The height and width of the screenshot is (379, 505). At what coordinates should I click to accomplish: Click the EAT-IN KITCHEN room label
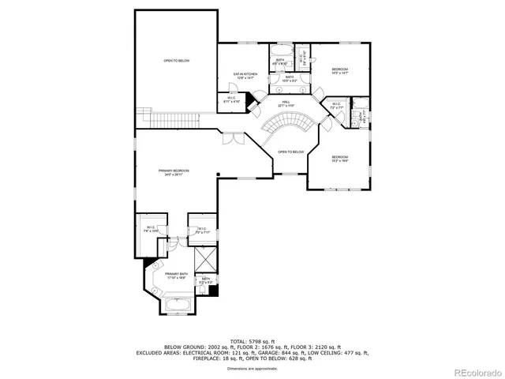pos(244,76)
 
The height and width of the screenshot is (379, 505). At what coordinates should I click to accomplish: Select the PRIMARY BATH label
pos(175,276)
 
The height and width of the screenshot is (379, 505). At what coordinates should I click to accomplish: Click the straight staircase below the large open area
pos(158,118)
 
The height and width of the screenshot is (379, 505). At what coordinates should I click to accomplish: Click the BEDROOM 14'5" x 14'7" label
pos(340,71)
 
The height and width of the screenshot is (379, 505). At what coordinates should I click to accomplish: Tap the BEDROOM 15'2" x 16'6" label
pos(340,159)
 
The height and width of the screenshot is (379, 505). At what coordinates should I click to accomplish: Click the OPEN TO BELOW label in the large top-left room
pos(176,61)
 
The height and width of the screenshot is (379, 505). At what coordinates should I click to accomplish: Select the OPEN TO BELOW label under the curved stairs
pos(290,152)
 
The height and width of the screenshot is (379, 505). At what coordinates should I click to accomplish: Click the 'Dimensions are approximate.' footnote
pos(252,369)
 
